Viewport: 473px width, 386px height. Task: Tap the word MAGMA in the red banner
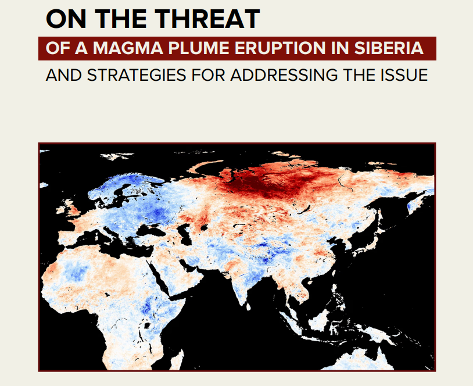(128, 48)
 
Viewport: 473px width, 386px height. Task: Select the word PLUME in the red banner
(199, 48)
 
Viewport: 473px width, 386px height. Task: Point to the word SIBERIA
(389, 48)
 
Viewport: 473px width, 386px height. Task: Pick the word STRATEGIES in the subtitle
(137, 75)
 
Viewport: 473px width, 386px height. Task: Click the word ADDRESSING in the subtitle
(284, 75)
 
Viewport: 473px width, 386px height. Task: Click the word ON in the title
(66, 19)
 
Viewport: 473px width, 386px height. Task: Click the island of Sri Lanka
(248, 307)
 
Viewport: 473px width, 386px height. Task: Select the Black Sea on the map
(148, 231)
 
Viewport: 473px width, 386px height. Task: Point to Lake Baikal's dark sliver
(304, 209)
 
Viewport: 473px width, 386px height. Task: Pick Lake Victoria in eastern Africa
(148, 326)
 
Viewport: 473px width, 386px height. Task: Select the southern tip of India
(241, 304)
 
